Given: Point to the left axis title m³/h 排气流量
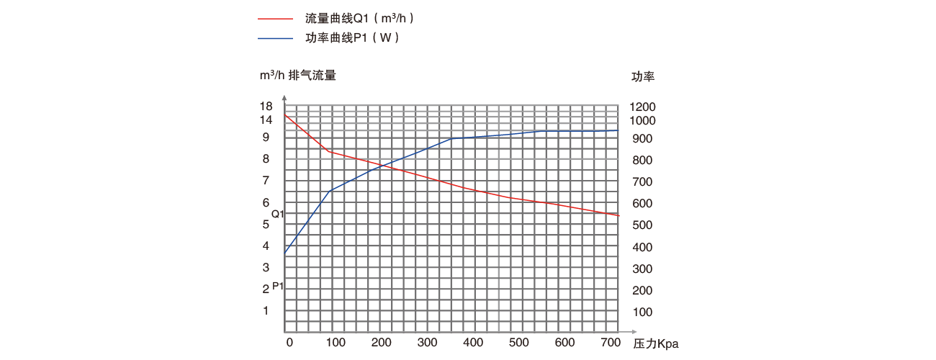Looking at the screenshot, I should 297,75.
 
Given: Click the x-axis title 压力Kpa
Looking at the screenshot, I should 656,344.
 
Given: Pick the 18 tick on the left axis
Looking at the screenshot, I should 266,106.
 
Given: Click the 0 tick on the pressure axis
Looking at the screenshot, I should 289,342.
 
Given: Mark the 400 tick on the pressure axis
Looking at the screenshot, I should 474,342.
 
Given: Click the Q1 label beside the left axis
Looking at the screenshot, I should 278,215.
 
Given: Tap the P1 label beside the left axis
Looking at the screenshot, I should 278,287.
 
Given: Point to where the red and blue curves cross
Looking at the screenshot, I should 382,166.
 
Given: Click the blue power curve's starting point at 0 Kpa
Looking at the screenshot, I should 286,253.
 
